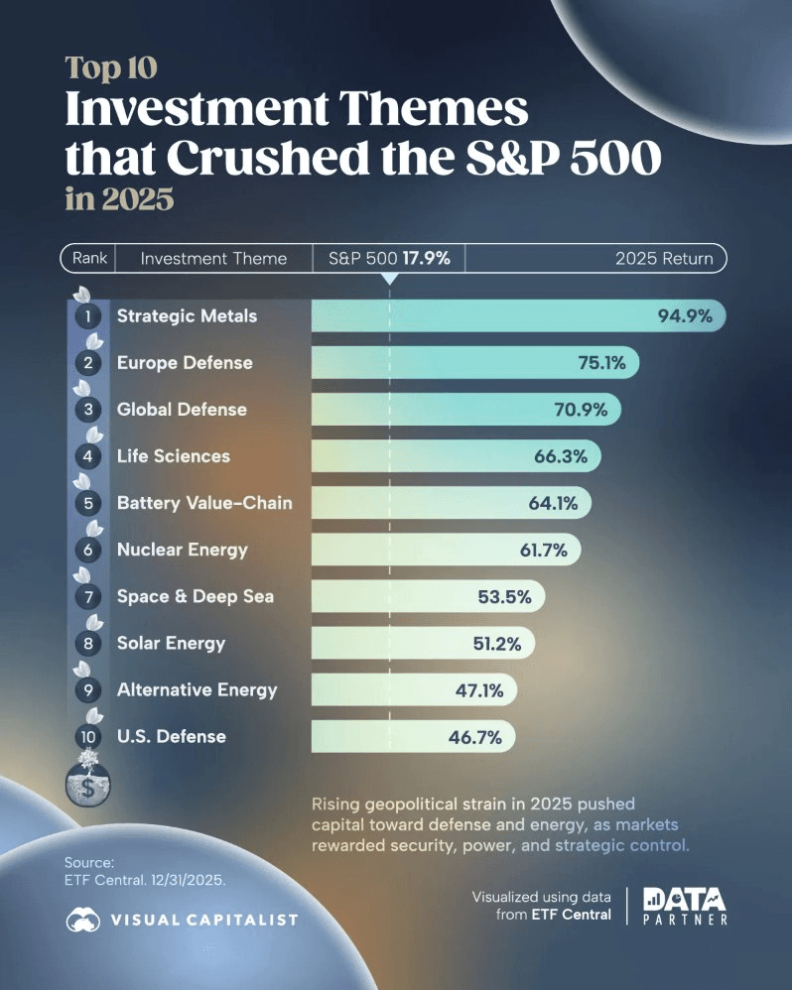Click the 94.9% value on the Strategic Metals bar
coord(684,316)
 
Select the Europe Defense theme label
coord(185,363)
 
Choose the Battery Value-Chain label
coord(204,503)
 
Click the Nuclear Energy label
coord(182,550)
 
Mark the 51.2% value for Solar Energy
coord(496,643)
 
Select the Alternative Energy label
coord(197,689)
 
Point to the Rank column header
coord(89,258)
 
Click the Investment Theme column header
coord(213,258)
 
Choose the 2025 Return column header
coord(663,258)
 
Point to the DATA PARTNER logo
coord(685,906)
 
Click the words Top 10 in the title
coord(111,66)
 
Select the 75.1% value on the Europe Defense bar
coord(601,363)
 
